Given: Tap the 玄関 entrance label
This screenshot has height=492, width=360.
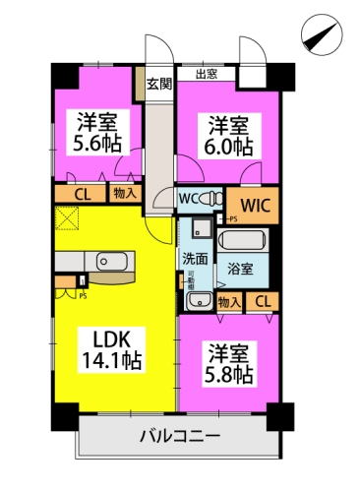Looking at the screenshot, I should click(x=158, y=83).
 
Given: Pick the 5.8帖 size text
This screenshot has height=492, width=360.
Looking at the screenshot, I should click(x=230, y=375).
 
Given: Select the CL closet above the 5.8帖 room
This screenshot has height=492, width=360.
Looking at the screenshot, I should click(x=263, y=302).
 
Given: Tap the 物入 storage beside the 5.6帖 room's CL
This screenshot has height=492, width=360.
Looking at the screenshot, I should click(x=125, y=193).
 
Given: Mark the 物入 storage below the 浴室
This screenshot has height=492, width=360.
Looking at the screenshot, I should click(x=228, y=302).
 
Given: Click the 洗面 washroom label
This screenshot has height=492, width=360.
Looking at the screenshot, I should click(x=195, y=260).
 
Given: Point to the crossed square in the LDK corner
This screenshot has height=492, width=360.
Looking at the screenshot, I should click(x=67, y=219).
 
